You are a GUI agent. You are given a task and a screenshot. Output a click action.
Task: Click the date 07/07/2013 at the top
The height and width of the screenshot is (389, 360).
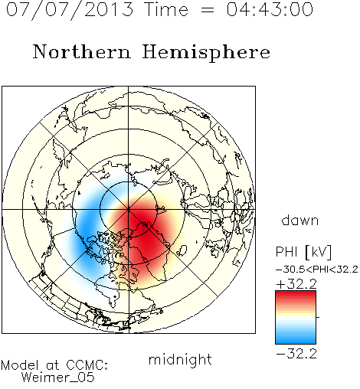[x=70, y=9]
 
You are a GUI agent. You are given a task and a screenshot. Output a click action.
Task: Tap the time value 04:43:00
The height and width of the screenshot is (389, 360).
[x=270, y=9]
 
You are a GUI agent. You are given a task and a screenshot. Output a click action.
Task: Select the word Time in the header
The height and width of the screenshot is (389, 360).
[x=166, y=9]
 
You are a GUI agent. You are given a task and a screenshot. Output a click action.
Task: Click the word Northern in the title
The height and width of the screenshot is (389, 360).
[x=82, y=51]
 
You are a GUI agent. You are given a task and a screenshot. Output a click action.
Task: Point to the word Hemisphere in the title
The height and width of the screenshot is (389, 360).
[x=206, y=52]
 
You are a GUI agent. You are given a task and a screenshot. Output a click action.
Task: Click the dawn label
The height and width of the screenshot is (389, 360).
[x=300, y=220]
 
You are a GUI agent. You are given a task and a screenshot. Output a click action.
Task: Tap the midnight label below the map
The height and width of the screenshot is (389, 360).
[x=180, y=359]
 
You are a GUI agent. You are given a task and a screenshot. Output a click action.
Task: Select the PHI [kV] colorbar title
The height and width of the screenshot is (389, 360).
[x=304, y=252]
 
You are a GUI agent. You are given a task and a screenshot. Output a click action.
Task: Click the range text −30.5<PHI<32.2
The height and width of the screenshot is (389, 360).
[x=317, y=270]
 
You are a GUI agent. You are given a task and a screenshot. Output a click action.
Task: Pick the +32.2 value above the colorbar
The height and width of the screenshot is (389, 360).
[x=296, y=284]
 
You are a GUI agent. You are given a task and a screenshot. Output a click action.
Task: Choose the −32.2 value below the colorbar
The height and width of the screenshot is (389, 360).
[x=296, y=354]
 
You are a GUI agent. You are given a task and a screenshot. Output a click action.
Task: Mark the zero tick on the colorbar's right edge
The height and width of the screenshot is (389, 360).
[x=318, y=317]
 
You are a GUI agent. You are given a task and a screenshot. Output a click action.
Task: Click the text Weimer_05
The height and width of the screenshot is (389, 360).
[x=58, y=378]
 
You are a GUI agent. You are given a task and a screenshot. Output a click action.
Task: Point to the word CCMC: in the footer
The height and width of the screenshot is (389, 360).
[x=87, y=364]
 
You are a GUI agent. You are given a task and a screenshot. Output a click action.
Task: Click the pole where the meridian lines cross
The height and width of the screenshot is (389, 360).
[x=129, y=209]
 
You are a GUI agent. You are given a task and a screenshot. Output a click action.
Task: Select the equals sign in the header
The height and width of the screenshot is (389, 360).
[x=208, y=10]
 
